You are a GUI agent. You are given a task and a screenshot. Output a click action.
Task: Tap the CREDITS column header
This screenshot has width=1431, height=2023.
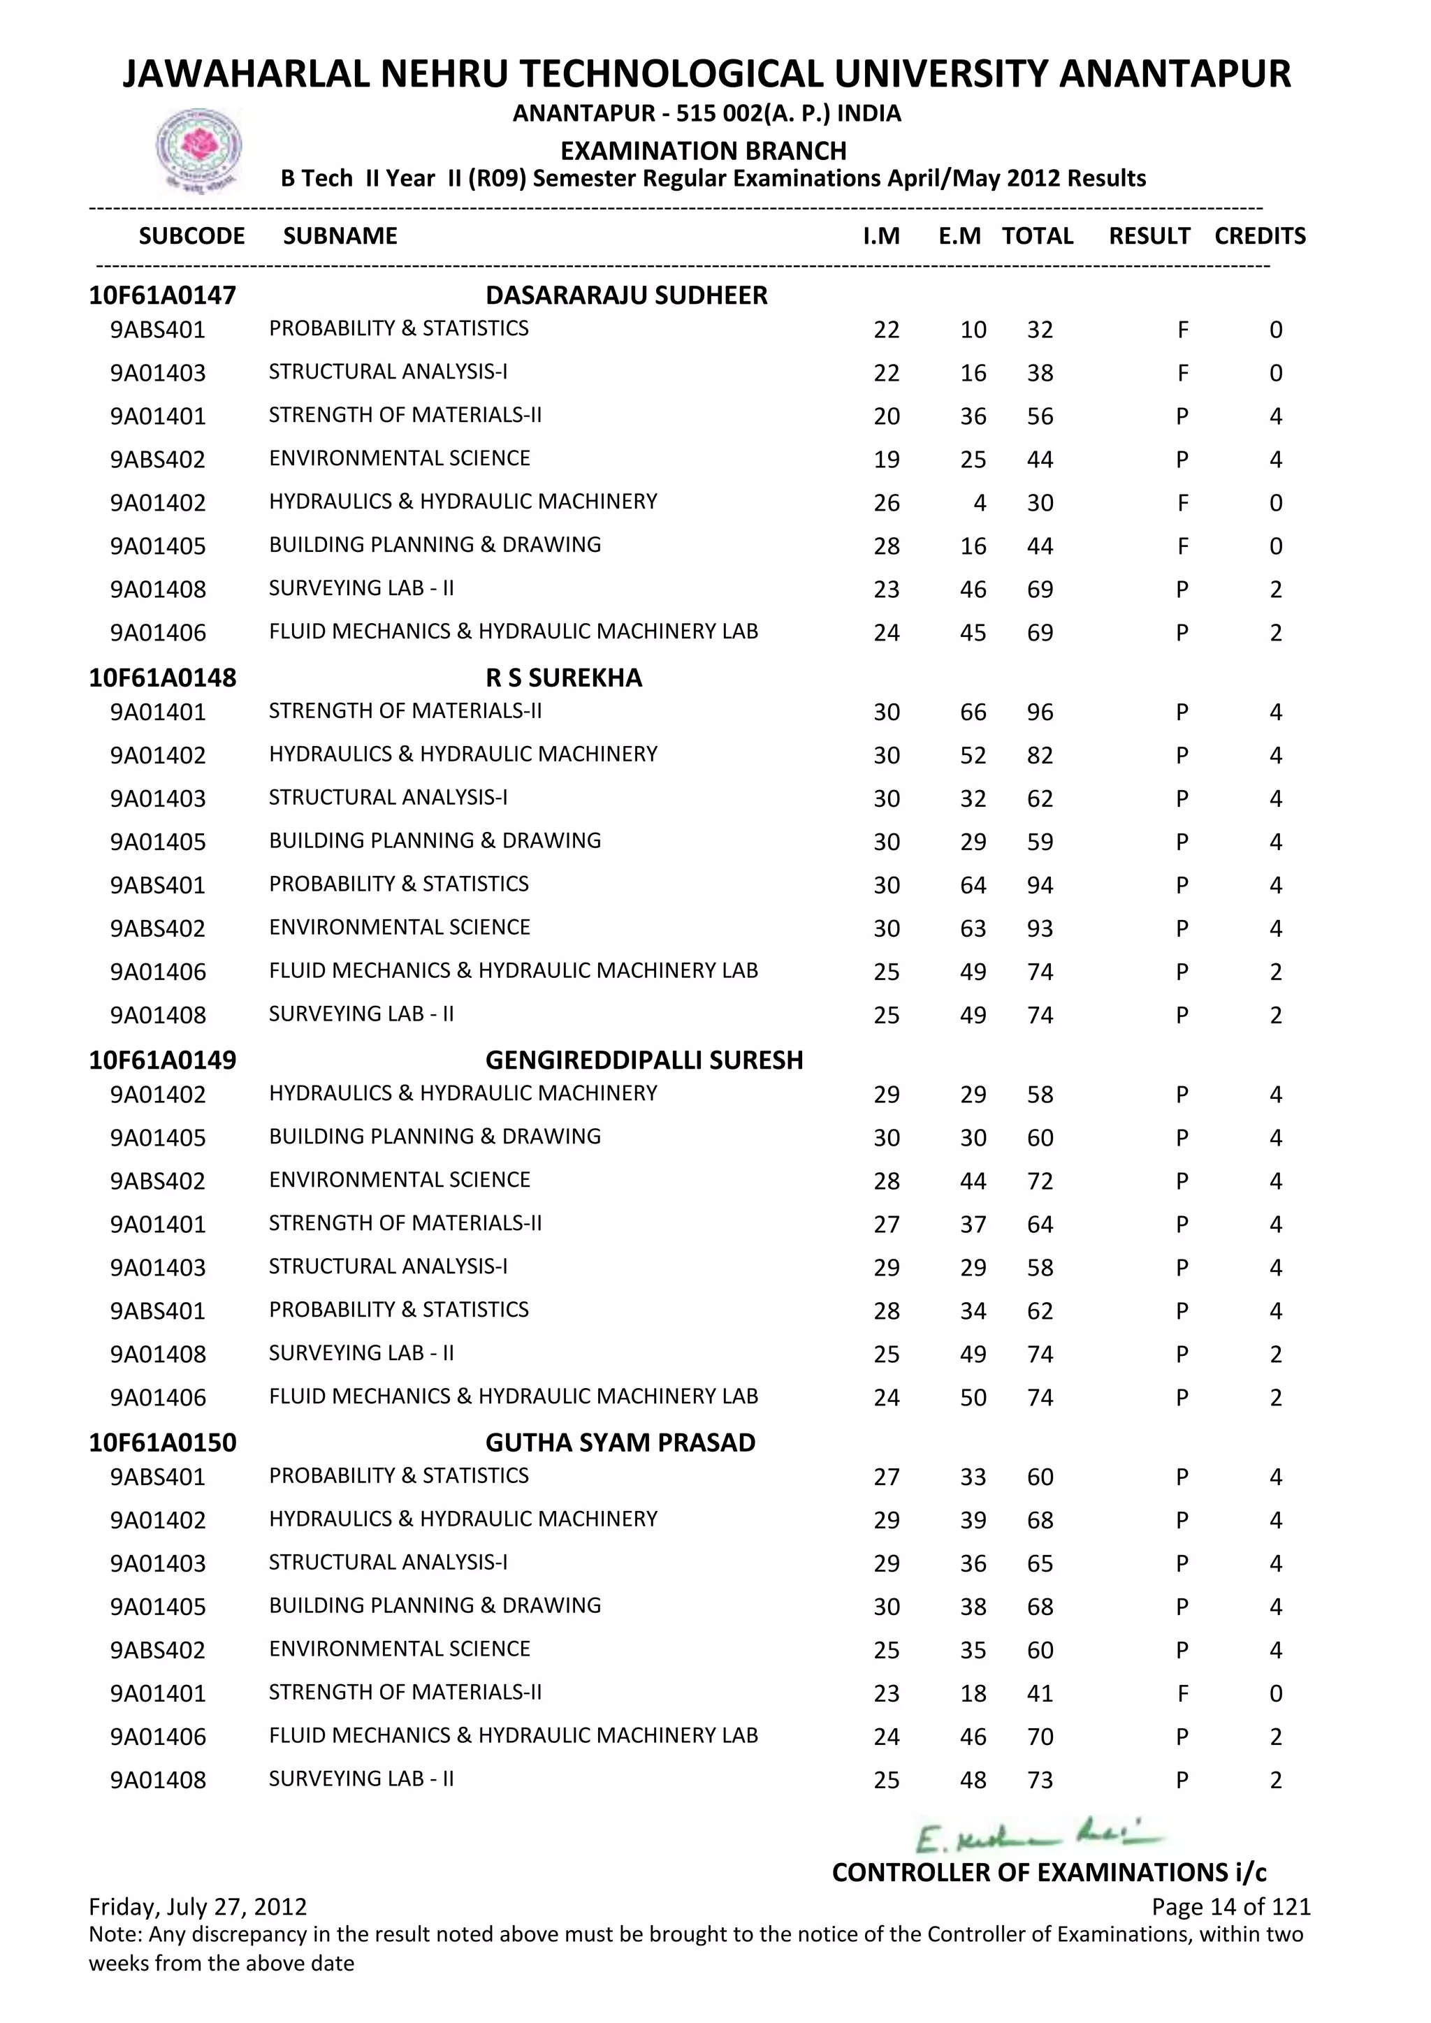(1259, 236)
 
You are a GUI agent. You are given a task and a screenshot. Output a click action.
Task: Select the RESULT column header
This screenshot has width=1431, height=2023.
(1148, 236)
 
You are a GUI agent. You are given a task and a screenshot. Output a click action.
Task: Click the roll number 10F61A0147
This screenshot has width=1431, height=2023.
(162, 295)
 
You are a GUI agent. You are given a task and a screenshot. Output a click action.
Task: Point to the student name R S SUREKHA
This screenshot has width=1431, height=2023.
(563, 678)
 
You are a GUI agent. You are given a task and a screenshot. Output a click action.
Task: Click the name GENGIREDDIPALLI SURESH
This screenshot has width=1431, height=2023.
(644, 1060)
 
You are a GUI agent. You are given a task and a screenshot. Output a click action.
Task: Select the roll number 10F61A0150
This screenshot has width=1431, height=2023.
(162, 1443)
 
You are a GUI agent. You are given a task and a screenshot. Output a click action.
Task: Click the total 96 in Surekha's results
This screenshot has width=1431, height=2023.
(1040, 712)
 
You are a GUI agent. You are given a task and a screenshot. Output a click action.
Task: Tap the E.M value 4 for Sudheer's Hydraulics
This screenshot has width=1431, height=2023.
(979, 503)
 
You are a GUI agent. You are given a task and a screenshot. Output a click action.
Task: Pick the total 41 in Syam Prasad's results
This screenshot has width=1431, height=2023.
(1040, 1693)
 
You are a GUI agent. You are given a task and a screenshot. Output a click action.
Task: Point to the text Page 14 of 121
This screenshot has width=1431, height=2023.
(1230, 1907)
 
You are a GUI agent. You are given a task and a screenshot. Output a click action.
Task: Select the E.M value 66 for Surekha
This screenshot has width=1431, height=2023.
(973, 712)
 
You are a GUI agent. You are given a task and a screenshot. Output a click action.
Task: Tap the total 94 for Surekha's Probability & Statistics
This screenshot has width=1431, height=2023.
(1040, 886)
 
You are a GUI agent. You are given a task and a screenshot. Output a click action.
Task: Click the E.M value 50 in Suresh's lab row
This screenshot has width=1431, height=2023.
(973, 1397)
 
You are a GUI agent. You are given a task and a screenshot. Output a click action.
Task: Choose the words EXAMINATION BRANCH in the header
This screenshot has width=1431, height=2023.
(703, 151)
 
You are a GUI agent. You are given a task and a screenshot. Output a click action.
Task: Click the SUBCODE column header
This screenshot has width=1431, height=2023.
(191, 236)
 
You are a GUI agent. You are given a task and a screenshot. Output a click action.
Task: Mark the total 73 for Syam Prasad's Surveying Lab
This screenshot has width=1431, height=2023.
(1040, 1780)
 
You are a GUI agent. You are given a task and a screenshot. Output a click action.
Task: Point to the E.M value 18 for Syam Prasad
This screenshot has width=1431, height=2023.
(973, 1693)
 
